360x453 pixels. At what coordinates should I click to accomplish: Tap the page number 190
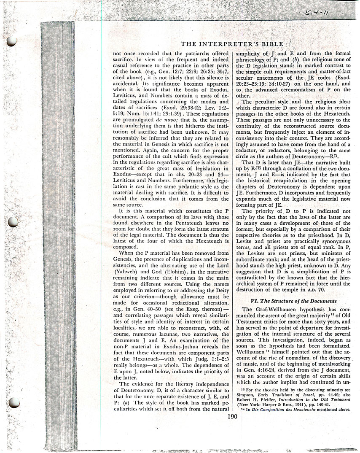pos(232,417)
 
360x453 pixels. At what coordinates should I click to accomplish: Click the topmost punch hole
pos(12,40)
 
